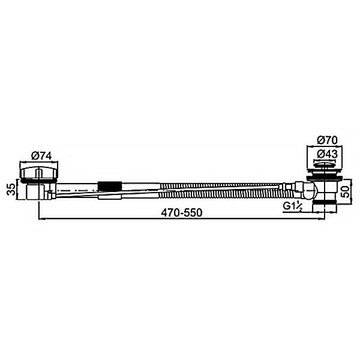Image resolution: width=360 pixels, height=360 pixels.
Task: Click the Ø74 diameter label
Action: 41,155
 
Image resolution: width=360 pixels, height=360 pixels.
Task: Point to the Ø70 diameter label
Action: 327,139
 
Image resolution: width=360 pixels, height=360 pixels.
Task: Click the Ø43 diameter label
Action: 327,154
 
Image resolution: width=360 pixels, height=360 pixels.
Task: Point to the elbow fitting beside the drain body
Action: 307,191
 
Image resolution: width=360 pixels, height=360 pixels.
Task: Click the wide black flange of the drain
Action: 326,178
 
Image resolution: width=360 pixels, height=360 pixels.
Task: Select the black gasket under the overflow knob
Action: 40,180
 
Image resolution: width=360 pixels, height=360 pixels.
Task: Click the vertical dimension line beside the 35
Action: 19,190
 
